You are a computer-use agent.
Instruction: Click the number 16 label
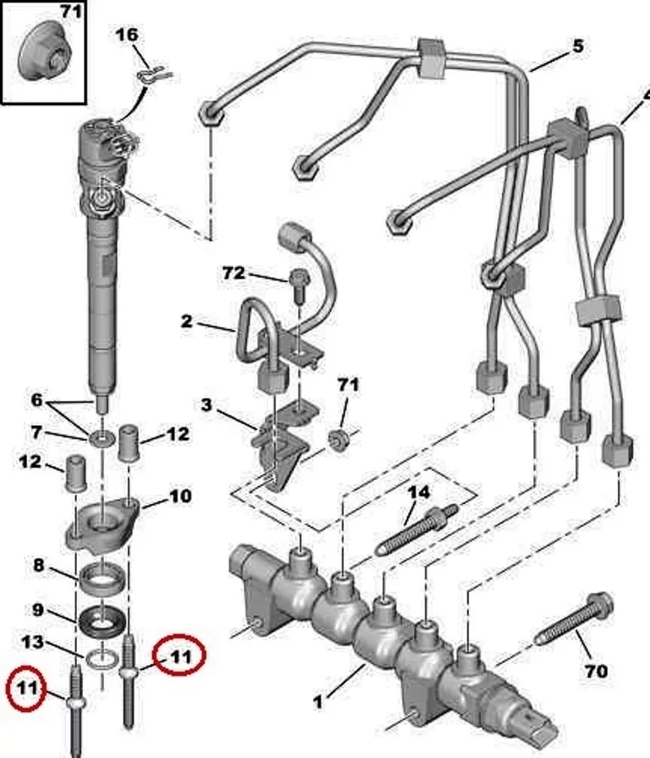(126, 35)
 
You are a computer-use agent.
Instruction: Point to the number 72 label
(234, 273)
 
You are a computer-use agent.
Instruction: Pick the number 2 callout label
(186, 321)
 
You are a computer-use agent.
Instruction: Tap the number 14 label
(418, 492)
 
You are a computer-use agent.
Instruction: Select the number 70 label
(596, 671)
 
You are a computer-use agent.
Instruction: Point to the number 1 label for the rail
(318, 701)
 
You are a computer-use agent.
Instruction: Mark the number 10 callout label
(180, 495)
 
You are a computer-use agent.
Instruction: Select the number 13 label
(34, 644)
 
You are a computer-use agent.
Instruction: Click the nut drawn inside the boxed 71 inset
(43, 50)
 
